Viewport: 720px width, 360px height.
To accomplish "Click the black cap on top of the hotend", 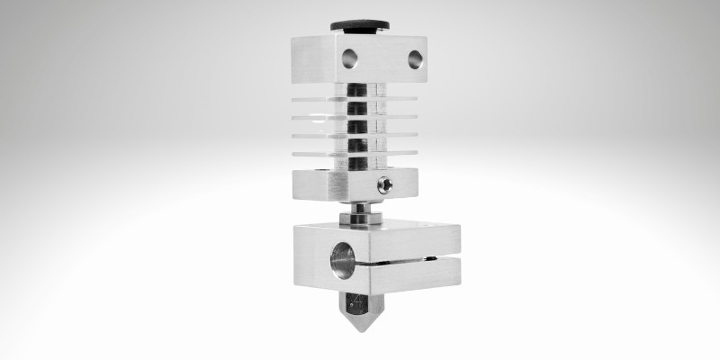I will pos(359,25).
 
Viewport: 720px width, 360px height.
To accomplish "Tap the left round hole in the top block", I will pos(349,58).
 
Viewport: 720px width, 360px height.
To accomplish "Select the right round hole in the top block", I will pos(414,59).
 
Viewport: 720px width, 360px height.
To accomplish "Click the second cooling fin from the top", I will pos(396,116).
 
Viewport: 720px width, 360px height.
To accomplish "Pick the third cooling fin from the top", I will pos(396,135).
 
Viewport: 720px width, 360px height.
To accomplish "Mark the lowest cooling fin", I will pos(396,153).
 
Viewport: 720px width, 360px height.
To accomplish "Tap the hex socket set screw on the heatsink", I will pos(386,184).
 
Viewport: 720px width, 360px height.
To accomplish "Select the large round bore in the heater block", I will pos(344,258).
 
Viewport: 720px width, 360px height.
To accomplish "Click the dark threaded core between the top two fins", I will pos(357,106).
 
